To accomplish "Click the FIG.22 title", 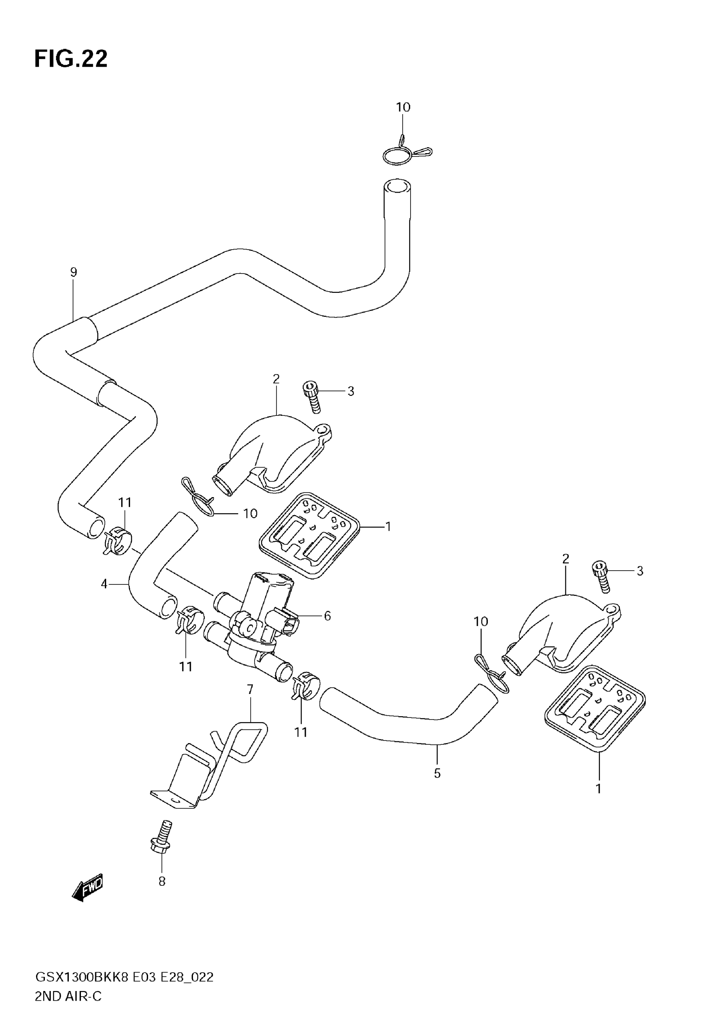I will [x=70, y=59].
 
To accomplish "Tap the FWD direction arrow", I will [x=88, y=885].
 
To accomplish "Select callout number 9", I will [x=74, y=272].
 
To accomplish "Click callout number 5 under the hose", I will [x=437, y=773].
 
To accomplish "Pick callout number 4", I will [x=104, y=584].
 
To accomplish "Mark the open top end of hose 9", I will [x=397, y=186].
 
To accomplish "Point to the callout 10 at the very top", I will [x=403, y=107].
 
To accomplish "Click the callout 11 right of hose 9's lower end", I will [x=125, y=503].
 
